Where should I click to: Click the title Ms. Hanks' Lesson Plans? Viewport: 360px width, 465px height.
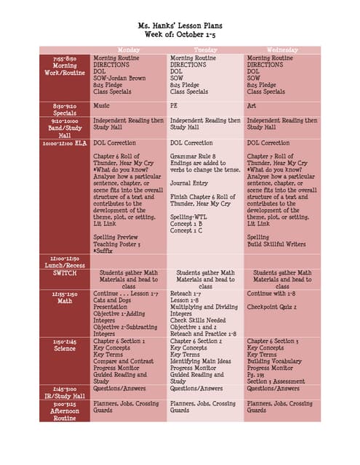pyautogui.click(x=179, y=25)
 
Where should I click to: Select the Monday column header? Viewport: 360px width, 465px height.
pyautogui.click(x=128, y=50)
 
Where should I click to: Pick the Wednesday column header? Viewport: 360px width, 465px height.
pyautogui.click(x=282, y=50)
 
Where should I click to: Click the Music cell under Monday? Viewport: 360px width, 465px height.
pyautogui.click(x=101, y=105)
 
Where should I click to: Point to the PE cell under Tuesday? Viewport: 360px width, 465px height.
pyautogui.click(x=175, y=105)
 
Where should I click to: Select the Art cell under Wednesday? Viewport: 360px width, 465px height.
pyautogui.click(x=252, y=105)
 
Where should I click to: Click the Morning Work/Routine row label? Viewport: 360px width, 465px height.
pyautogui.click(x=65, y=65)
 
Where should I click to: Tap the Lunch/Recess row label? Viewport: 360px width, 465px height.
pyautogui.click(x=65, y=262)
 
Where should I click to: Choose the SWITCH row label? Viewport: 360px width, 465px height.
pyautogui.click(x=65, y=273)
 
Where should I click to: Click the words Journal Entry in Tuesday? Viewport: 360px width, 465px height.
pyautogui.click(x=191, y=183)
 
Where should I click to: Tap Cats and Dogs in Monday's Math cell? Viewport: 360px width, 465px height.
pyautogui.click(x=113, y=300)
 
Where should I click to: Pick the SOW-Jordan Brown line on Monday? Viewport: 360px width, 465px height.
pyautogui.click(x=119, y=78)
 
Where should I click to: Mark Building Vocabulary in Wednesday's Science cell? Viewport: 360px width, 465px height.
pyautogui.click(x=277, y=360)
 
